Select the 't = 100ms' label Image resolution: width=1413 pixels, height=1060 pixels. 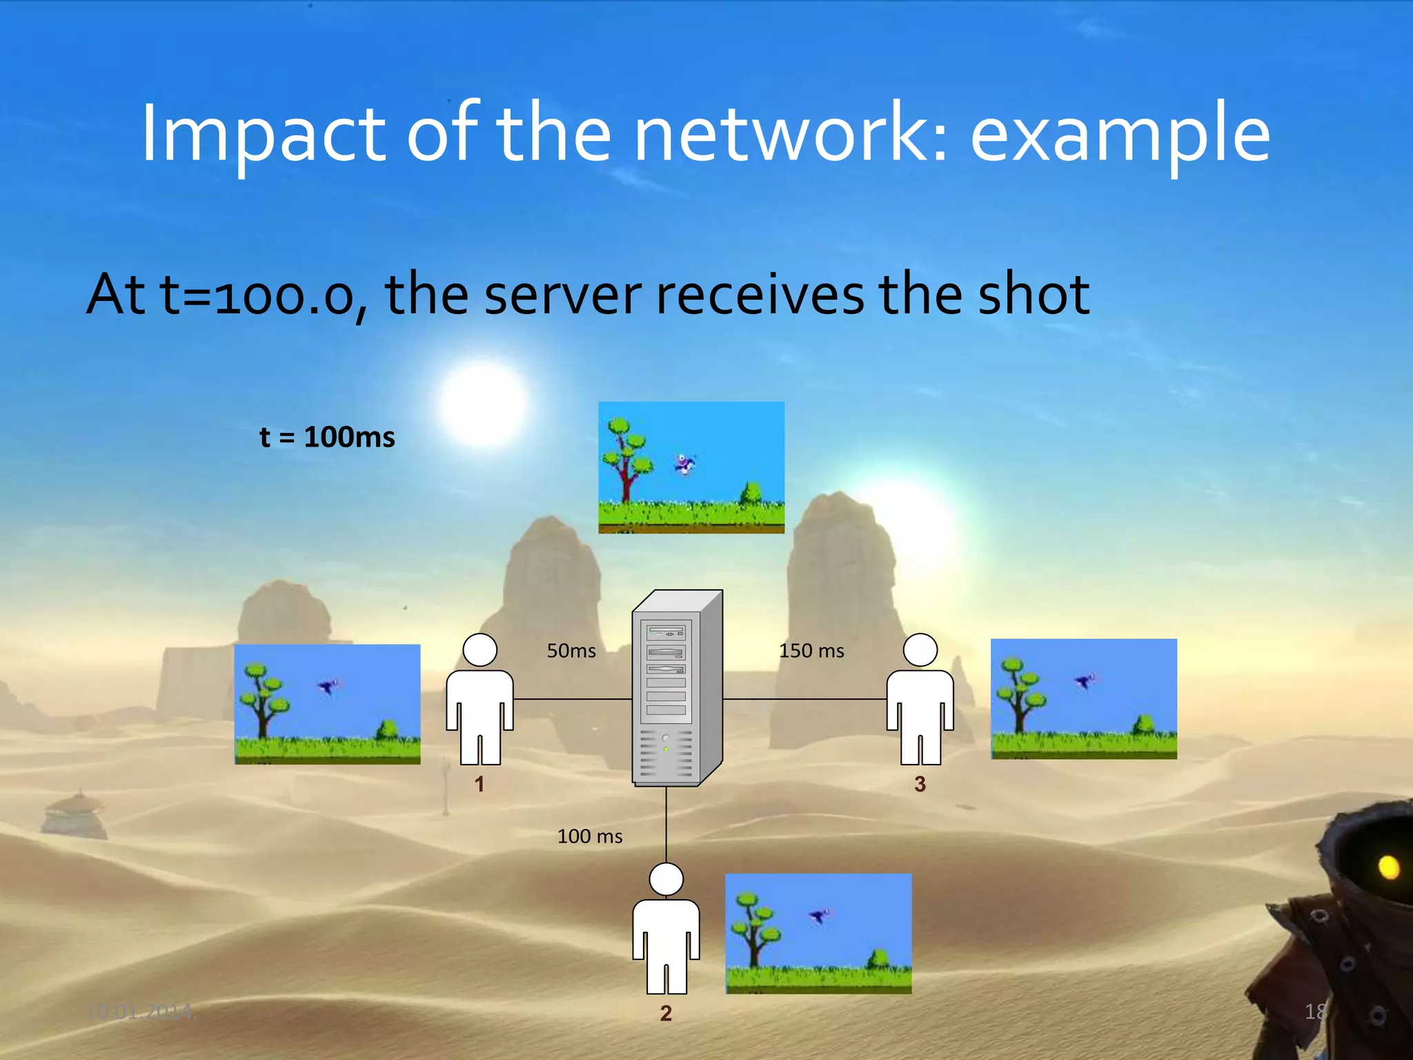pos(327,437)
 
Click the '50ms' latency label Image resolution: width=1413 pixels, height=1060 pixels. pos(571,651)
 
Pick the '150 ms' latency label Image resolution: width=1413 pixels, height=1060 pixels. pos(811,651)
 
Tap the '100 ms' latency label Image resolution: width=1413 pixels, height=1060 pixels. pos(590,836)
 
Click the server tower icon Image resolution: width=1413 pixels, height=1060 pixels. pos(675,689)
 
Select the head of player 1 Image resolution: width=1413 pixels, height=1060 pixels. pos(480,650)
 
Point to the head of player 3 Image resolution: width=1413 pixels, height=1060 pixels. pos(920,650)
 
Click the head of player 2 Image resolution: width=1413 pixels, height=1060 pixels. pos(666,879)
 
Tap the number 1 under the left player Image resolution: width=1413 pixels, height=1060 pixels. pos(480,784)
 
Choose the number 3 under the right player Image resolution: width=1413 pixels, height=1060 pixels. pos(920,784)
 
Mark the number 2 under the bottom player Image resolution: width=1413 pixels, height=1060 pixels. pos(666,1013)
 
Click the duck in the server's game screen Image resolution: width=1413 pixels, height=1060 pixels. pos(684,464)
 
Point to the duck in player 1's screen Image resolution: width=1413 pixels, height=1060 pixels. pos(328,687)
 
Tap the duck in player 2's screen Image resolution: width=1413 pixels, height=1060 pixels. pos(819,916)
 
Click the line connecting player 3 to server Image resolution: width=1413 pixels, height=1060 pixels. pos(804,699)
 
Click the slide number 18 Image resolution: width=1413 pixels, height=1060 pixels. pos(1315,1012)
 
